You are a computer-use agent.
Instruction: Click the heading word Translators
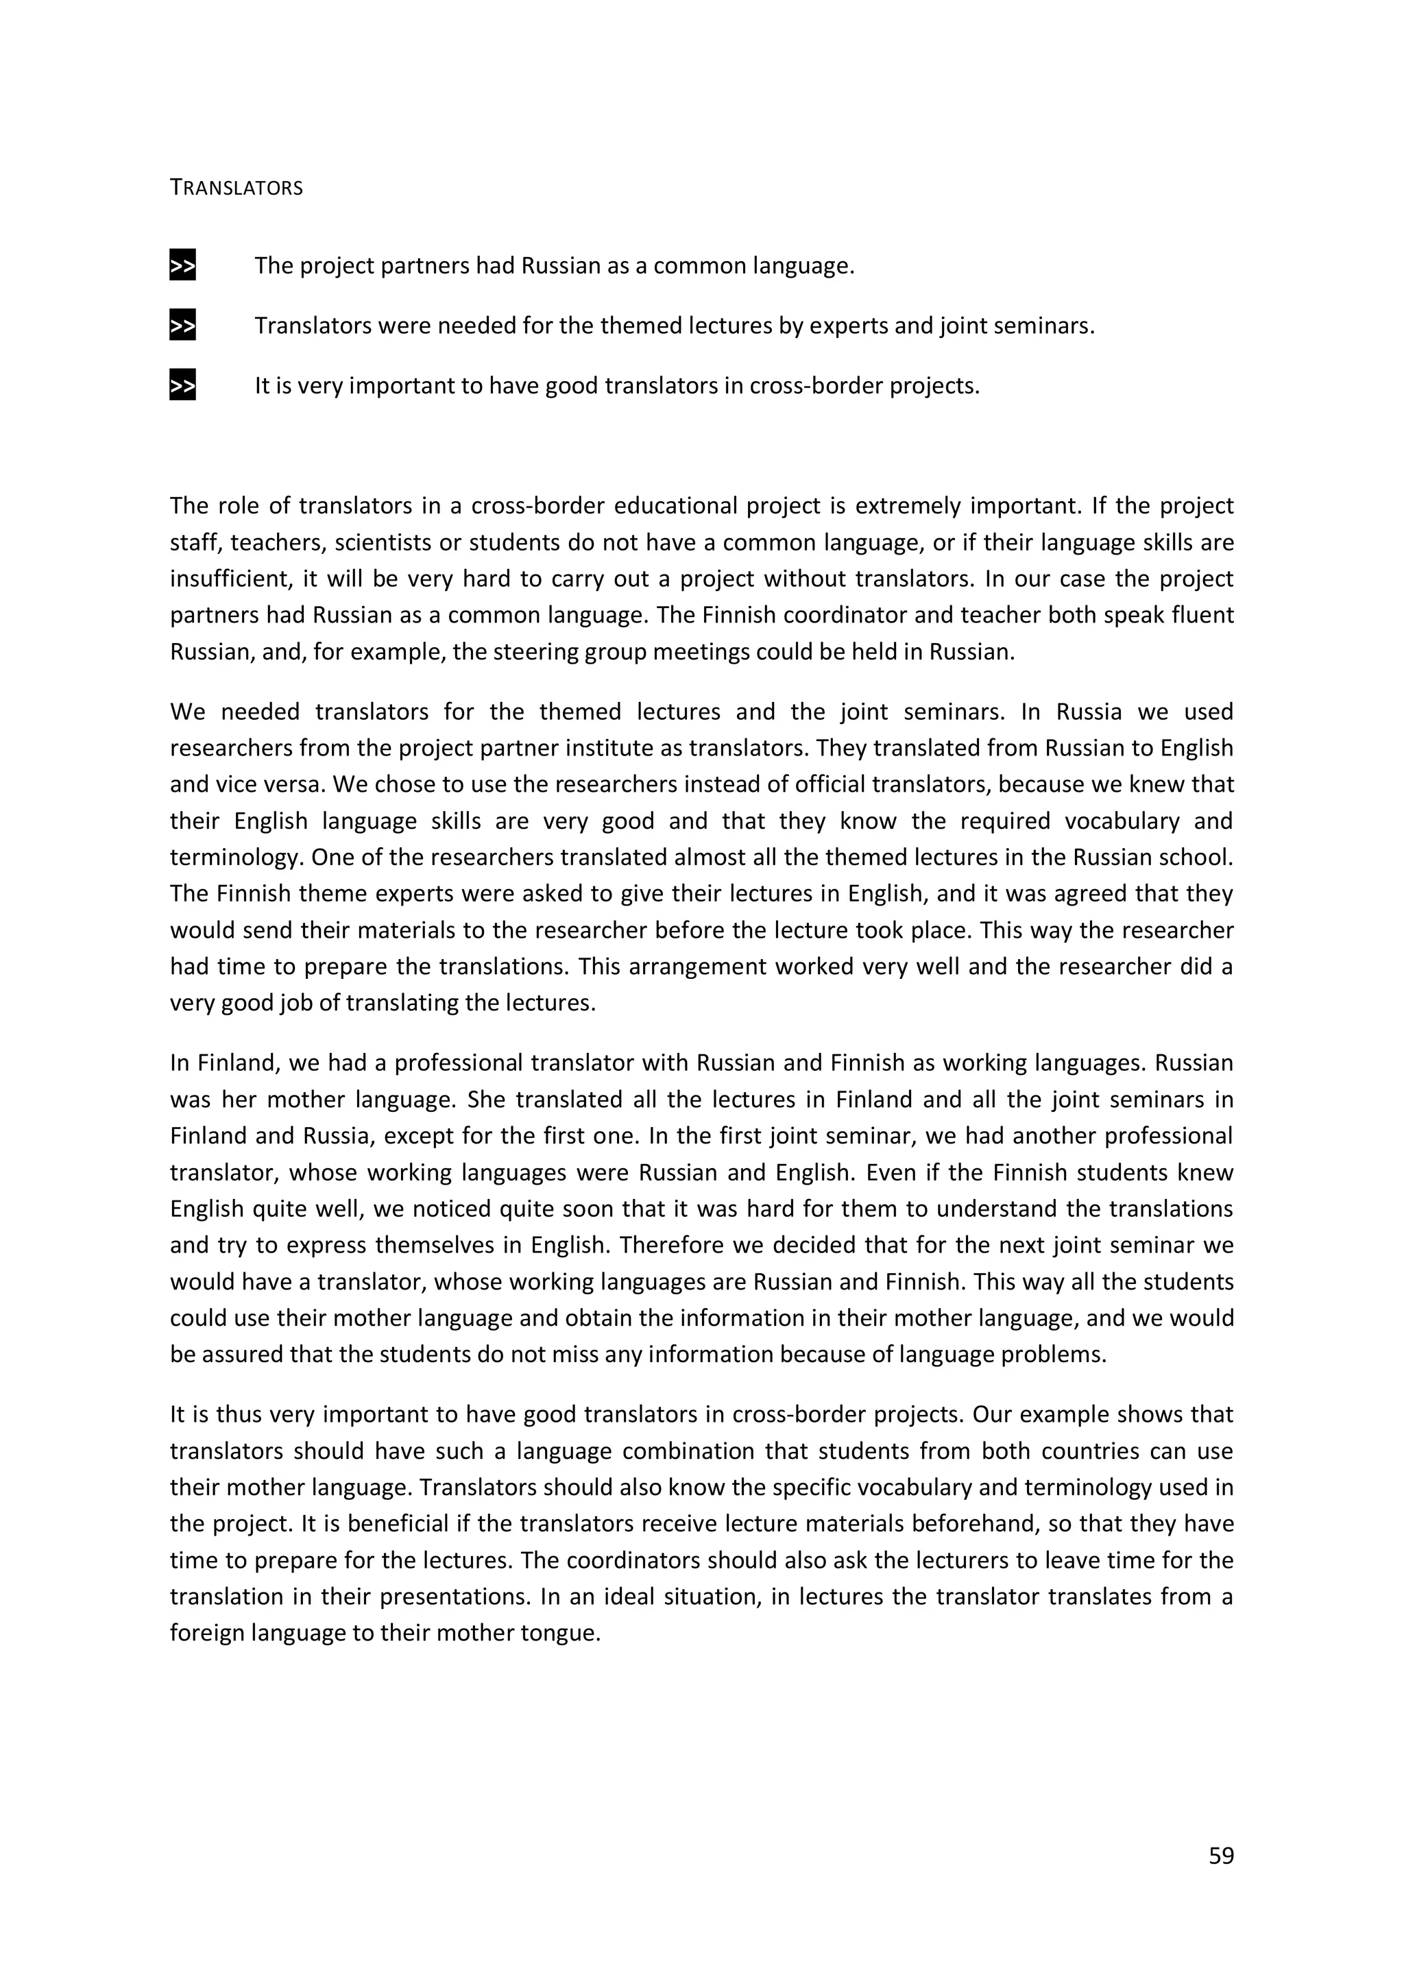pyautogui.click(x=236, y=188)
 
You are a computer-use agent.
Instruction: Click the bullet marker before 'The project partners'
pyautogui.click(x=182, y=265)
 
